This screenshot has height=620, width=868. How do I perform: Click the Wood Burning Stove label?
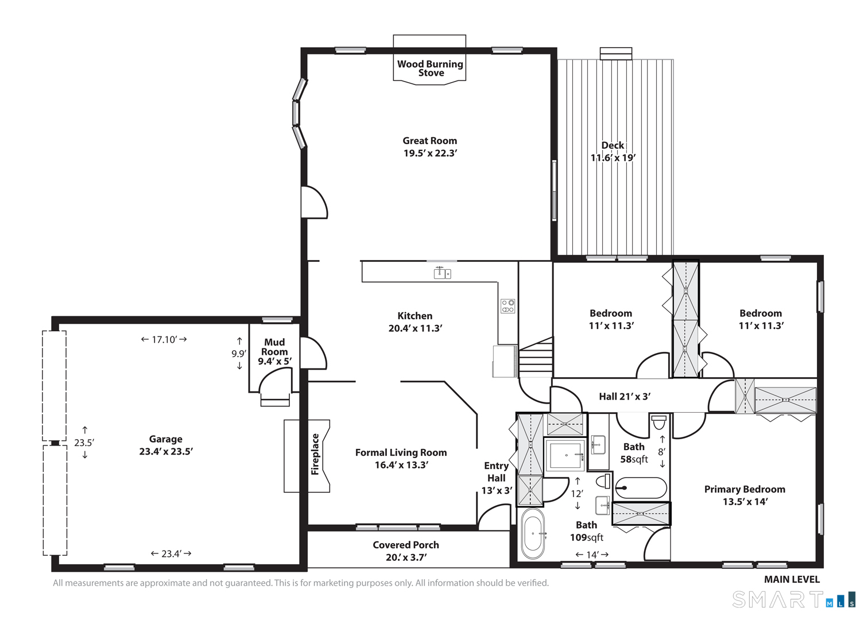click(x=430, y=68)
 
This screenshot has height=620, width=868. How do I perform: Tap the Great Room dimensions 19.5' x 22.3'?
click(x=430, y=153)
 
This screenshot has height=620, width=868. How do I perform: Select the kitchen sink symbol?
click(x=442, y=273)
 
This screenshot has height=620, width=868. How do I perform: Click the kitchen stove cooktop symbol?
click(x=507, y=306)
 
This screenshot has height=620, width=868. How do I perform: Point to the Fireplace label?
click(x=315, y=454)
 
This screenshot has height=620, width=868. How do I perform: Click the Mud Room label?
click(x=274, y=347)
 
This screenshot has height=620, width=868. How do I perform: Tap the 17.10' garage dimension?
click(x=164, y=339)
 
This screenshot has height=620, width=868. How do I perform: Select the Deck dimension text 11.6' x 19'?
click(x=613, y=158)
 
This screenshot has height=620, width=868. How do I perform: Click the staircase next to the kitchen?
click(x=536, y=357)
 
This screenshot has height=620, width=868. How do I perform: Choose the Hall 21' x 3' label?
click(x=625, y=397)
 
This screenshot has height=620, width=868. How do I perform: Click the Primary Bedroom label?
click(x=745, y=489)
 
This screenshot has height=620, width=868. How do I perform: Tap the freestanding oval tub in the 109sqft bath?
click(x=533, y=533)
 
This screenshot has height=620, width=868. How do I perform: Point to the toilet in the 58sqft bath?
click(x=659, y=423)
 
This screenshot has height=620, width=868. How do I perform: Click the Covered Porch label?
click(x=406, y=545)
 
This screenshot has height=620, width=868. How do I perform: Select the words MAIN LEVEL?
click(x=792, y=579)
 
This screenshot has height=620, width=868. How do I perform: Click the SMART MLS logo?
click(x=793, y=599)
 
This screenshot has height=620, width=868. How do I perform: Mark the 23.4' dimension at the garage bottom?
click(x=171, y=554)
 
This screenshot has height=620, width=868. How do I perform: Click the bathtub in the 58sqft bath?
click(x=641, y=487)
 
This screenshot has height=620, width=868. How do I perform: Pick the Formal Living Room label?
click(x=401, y=452)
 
